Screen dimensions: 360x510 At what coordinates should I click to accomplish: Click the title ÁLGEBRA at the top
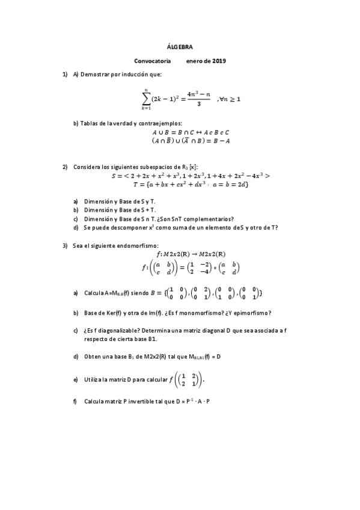pos(180,46)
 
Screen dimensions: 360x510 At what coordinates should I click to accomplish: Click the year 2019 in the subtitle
pos(218,61)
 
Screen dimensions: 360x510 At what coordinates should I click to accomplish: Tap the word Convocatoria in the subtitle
pos(153,61)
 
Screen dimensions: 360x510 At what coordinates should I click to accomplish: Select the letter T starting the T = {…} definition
pos(136,184)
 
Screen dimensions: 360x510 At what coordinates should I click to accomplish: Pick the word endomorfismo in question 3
pos(141,245)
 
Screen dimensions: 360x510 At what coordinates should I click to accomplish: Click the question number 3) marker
pos(65,245)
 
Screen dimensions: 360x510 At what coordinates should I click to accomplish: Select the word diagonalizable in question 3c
pos(116,331)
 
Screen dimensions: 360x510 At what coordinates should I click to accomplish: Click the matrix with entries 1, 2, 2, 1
pos(189,379)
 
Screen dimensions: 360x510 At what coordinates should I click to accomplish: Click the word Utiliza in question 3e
pos(94,379)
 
